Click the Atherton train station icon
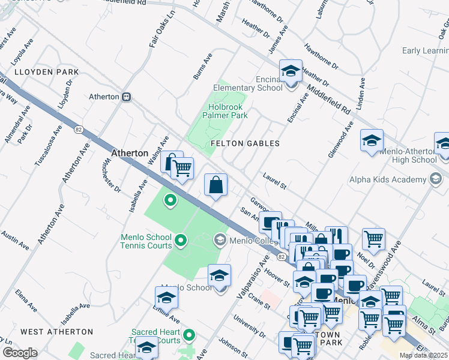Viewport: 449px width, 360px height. [127, 97]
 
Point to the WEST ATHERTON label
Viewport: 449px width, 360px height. [56, 331]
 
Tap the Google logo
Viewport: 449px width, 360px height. [20, 353]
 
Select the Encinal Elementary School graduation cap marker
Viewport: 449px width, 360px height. [291, 71]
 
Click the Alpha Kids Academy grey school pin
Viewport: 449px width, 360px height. [436, 179]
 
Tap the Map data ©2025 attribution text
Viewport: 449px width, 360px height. [423, 355]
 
